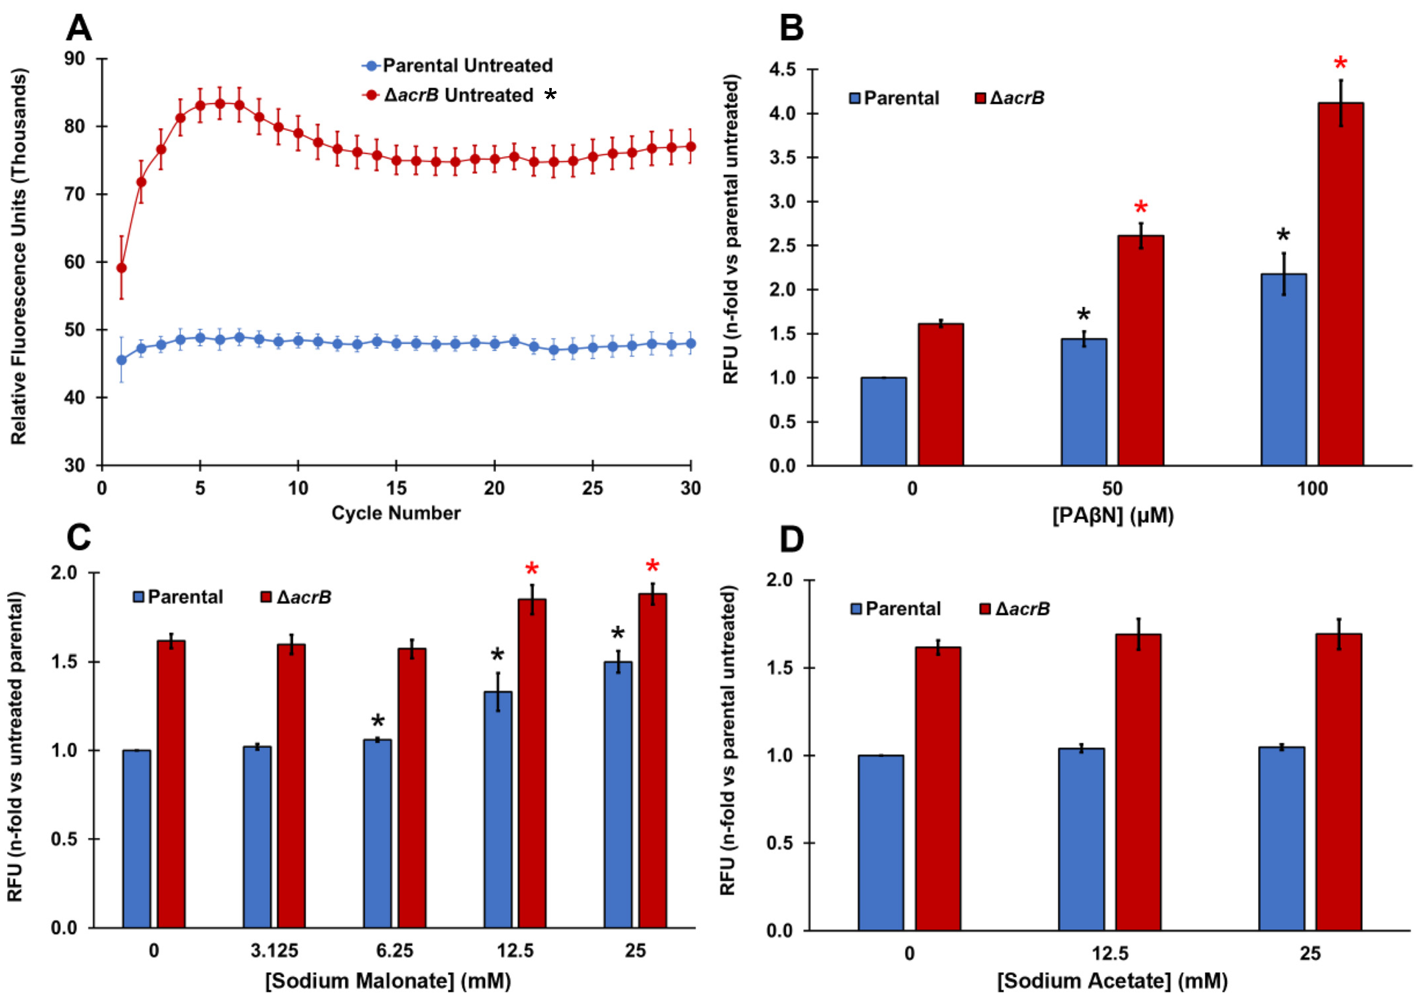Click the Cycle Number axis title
[x=396, y=513]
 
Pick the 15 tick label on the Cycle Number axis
[x=396, y=488]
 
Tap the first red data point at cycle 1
[x=122, y=267]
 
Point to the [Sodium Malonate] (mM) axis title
[x=388, y=980]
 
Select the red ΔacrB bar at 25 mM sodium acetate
[x=1339, y=781]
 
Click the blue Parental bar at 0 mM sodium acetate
[x=881, y=843]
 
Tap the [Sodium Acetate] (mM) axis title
[x=1113, y=980]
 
